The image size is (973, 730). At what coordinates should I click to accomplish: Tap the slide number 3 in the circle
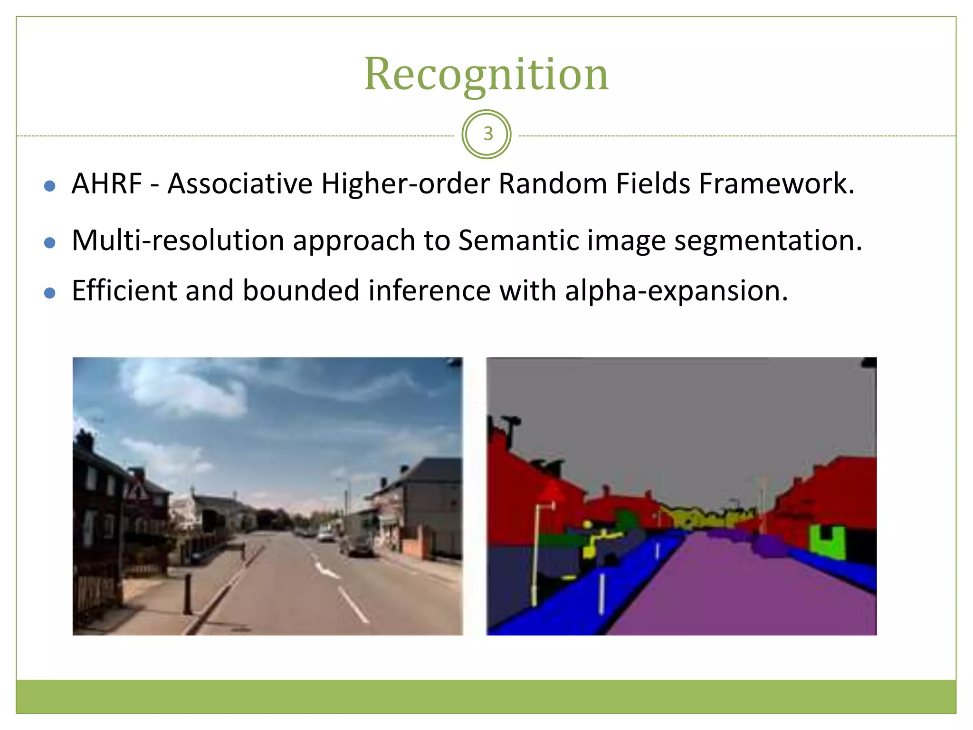click(x=487, y=134)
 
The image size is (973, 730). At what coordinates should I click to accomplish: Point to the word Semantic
click(x=518, y=240)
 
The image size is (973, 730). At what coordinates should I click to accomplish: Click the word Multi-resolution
click(x=178, y=240)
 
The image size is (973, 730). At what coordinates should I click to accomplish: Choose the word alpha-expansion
click(x=676, y=291)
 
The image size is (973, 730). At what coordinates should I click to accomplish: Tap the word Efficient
click(x=124, y=290)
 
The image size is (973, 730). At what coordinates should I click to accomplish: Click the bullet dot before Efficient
click(x=49, y=293)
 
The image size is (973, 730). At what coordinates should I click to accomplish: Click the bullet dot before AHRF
click(x=49, y=186)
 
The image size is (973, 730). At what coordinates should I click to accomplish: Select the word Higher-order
click(x=405, y=184)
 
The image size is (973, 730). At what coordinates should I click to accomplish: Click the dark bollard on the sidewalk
click(x=188, y=594)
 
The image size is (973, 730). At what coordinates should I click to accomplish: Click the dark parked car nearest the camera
click(x=358, y=547)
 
